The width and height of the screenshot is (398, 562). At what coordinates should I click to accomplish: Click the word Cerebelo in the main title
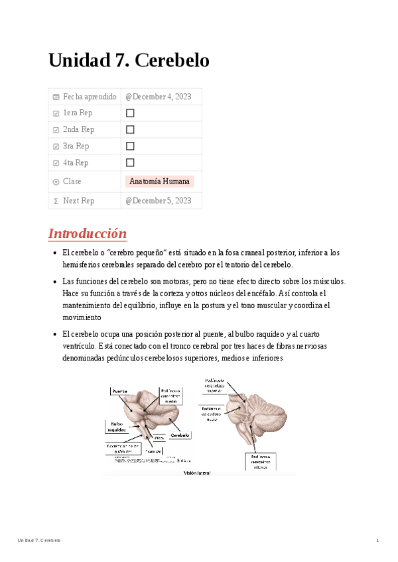(172, 60)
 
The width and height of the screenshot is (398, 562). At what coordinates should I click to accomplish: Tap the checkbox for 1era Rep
(130, 113)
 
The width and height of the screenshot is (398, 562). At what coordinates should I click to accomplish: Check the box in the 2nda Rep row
(130, 130)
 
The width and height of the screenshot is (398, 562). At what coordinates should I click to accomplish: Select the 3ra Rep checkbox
(130, 146)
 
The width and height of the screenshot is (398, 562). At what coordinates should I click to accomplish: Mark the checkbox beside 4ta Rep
(130, 162)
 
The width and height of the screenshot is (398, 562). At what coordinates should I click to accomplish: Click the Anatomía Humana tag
(159, 182)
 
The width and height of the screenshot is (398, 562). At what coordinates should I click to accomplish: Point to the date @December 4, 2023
(159, 97)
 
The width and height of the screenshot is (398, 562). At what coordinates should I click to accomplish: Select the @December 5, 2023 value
(159, 201)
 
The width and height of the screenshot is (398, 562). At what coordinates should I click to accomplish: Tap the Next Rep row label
(78, 201)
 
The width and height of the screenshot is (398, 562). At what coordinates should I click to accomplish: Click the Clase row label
(72, 182)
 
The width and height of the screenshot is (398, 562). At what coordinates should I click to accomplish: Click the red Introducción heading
(88, 234)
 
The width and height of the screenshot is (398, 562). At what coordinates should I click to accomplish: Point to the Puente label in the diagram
(120, 392)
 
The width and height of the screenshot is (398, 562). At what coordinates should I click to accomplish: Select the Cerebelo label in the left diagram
(180, 435)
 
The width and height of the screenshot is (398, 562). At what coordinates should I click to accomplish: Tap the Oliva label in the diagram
(159, 438)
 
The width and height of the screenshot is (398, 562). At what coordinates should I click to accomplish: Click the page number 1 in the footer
(377, 541)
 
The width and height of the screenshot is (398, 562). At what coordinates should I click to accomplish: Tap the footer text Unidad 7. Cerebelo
(39, 541)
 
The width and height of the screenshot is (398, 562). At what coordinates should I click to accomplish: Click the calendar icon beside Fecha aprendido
(56, 97)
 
